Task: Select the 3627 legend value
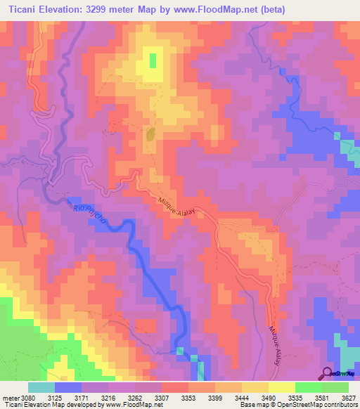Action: [348, 398]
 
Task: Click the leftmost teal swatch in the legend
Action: [41, 387]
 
